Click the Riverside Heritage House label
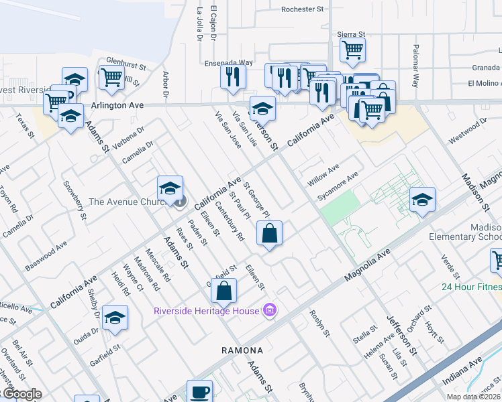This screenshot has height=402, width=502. click(x=207, y=310)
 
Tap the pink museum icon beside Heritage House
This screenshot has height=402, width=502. click(x=270, y=310)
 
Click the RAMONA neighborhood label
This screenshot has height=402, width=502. click(x=242, y=350)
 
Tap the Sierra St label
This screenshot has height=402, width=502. click(x=352, y=33)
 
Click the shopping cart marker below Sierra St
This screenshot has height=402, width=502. click(x=352, y=49)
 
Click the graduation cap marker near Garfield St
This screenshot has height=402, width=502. click(x=115, y=318)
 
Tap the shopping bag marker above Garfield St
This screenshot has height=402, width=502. click(x=225, y=291)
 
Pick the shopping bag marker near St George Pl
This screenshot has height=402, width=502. click(x=269, y=233)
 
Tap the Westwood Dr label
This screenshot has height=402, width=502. click(x=467, y=131)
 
